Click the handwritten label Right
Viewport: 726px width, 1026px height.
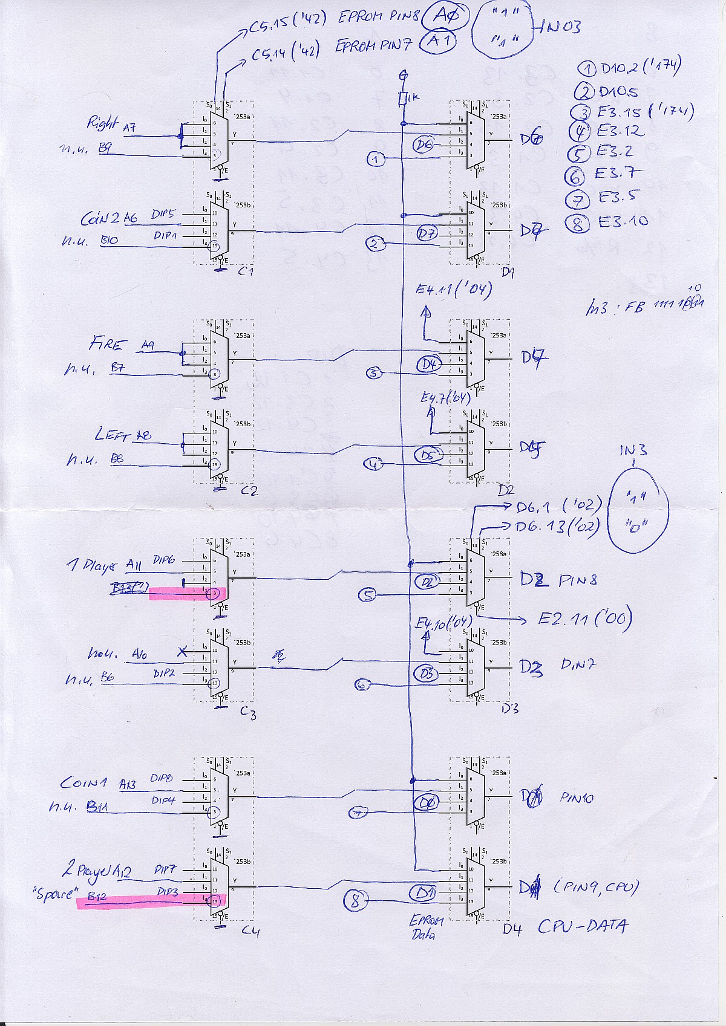point(102,124)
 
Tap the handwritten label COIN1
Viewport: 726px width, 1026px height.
point(83,783)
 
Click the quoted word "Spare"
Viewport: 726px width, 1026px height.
point(55,893)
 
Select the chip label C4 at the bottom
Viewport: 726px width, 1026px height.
point(250,931)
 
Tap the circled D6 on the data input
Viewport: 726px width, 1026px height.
point(424,144)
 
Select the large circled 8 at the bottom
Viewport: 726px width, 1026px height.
point(355,901)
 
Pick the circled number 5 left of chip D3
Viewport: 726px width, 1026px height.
point(367,596)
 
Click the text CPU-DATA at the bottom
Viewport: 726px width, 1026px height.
point(583,927)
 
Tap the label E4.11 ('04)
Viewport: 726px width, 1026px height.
point(453,290)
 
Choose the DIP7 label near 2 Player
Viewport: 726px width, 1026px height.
point(165,870)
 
